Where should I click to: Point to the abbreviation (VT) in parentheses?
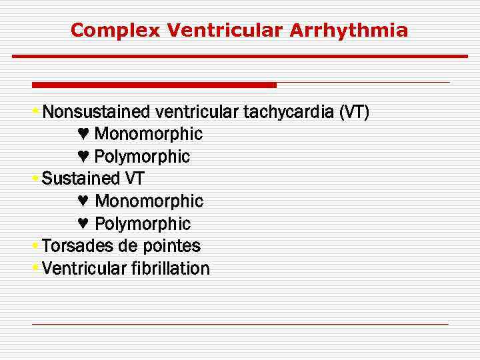pos(353,111)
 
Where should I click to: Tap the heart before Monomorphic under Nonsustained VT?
pos(83,134)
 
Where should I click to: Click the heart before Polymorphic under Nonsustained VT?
pos(83,157)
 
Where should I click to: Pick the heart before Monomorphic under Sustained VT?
pos(83,201)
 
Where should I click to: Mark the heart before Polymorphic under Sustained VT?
pos(83,224)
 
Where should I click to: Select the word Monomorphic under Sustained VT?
pos(149,201)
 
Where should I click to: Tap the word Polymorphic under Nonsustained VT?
pos(142,157)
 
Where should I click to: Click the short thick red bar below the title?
pos(154,85)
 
